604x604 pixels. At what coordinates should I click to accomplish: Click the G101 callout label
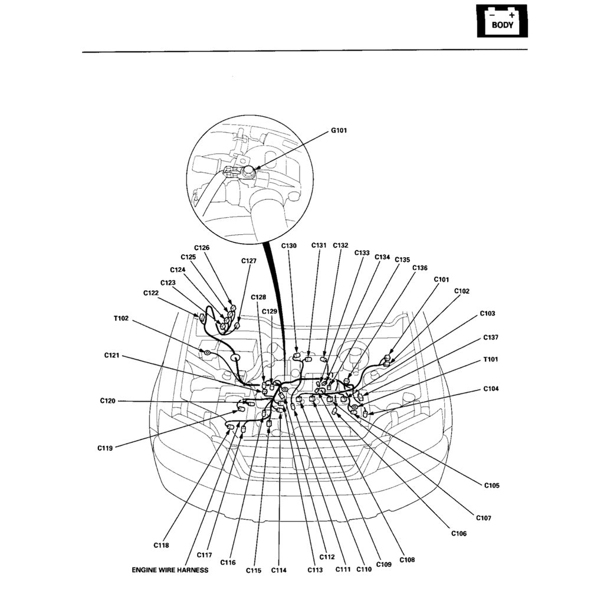pos(339,130)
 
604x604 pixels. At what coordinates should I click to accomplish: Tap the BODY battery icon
pos(502,21)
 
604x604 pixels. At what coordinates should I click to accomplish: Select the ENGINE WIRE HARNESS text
pos(170,570)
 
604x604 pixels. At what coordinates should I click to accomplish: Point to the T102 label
pos(121,319)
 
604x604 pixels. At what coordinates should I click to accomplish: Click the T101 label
pos(491,359)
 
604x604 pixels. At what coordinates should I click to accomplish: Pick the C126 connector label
pos(202,248)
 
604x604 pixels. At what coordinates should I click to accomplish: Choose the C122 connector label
pos(151,293)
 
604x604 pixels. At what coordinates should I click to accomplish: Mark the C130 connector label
pos(289,245)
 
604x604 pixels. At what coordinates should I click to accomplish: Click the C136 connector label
pos(420,268)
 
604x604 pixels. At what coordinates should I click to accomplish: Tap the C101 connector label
pos(441,279)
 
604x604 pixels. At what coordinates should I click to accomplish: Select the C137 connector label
pos(491,337)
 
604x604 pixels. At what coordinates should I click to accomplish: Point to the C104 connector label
pos(491,389)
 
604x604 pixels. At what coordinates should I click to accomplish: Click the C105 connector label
pos(491,485)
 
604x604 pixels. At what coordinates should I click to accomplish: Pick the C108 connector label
pos(407,559)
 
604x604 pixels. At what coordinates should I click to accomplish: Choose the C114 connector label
pos(279,570)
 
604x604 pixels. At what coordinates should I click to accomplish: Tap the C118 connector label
pos(161,545)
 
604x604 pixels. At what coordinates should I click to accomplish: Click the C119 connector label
pos(105,448)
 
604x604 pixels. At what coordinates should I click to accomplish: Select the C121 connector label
pos(112,355)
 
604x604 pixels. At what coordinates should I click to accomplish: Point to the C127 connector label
pos(249,261)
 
